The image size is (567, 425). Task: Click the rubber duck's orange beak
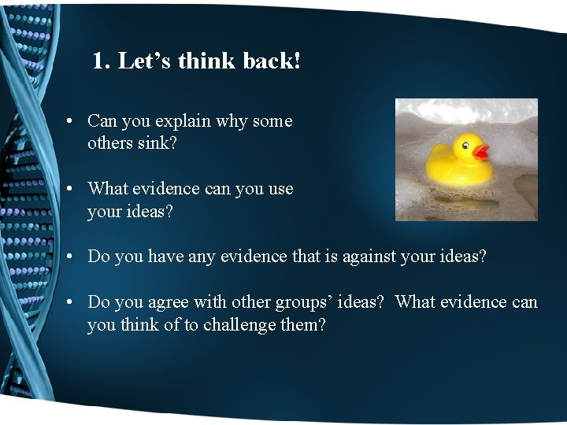(480, 151)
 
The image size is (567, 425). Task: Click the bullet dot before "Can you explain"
(70, 122)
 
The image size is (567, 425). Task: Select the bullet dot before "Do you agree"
(70, 303)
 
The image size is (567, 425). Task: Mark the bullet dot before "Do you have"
(70, 257)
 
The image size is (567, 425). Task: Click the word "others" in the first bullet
(109, 144)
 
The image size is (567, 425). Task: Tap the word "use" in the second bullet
(280, 189)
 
